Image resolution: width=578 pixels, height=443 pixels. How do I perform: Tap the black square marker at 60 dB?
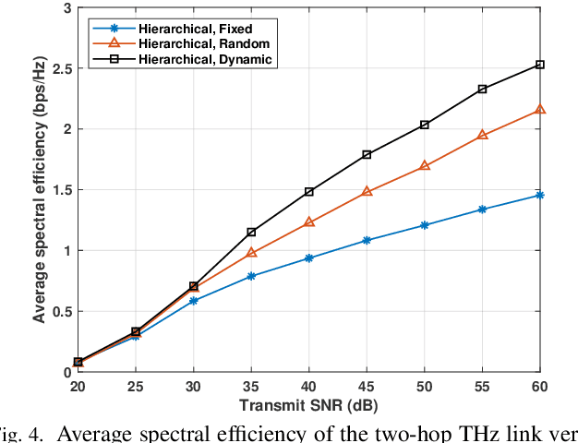(540, 65)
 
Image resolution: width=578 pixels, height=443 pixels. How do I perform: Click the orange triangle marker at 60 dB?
(540, 110)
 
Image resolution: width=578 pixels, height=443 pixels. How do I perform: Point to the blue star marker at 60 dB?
(540, 195)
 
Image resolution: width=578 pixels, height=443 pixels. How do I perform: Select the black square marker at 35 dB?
(251, 232)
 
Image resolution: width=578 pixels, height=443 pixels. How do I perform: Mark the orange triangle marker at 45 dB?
(367, 192)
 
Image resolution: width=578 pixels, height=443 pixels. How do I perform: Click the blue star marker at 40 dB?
(309, 258)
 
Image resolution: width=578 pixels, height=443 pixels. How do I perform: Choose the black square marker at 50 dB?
(425, 125)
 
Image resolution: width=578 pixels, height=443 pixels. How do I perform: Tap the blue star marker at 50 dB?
(425, 225)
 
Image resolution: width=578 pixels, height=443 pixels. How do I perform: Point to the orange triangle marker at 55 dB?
(482, 136)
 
